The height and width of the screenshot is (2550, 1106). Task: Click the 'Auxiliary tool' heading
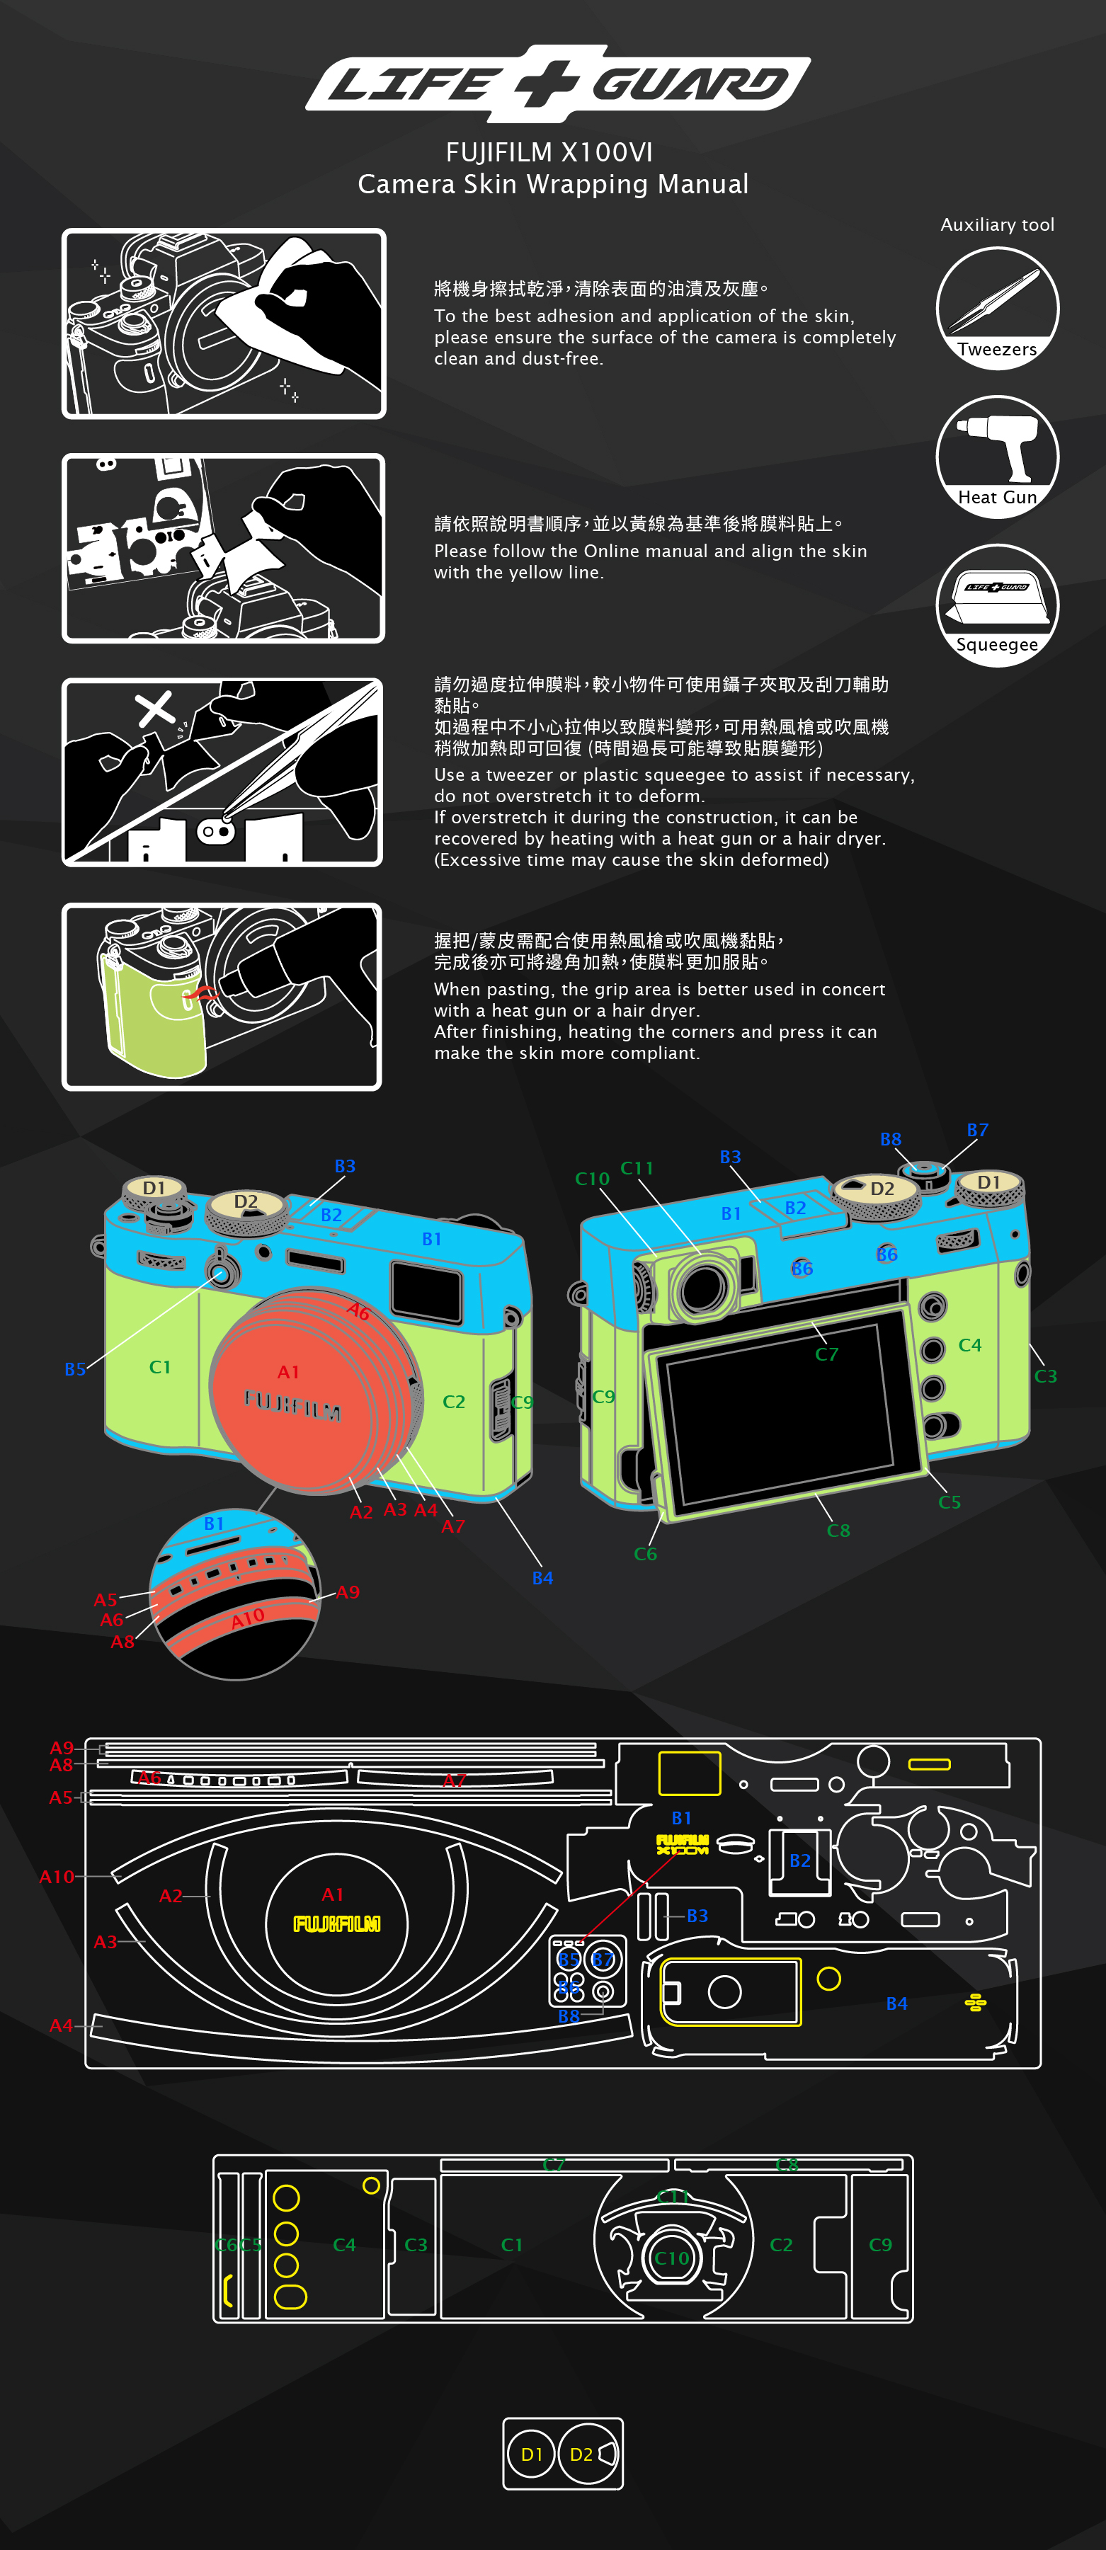(997, 224)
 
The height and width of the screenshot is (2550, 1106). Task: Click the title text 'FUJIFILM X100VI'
(549, 152)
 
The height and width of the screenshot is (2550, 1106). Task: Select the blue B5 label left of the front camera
(75, 1369)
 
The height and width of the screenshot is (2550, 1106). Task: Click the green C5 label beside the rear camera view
(950, 1502)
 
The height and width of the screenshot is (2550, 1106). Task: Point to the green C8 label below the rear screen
(838, 1531)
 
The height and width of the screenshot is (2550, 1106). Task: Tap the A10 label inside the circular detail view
(248, 1618)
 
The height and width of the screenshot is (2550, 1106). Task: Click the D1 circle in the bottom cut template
(532, 2454)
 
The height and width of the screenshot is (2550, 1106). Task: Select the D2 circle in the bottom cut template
(582, 2454)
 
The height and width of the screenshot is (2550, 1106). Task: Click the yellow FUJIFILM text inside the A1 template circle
(336, 1923)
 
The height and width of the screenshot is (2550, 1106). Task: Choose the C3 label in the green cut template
(416, 2244)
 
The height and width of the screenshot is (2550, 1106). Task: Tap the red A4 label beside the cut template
(62, 2025)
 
